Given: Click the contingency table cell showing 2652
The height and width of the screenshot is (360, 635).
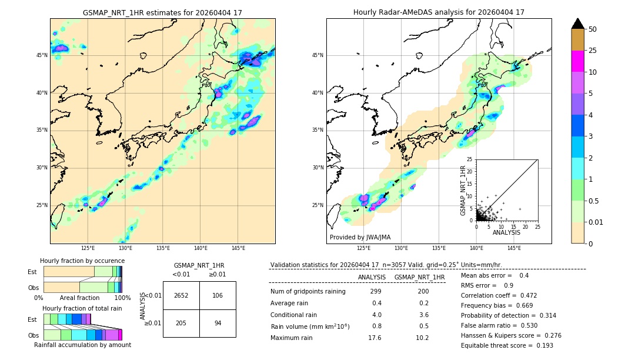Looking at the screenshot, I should pos(181,295).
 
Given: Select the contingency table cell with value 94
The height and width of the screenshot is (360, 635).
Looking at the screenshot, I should pos(218,323).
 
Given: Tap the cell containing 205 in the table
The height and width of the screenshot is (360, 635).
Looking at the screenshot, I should pos(181,323).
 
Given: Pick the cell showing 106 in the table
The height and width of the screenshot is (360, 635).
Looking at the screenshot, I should pos(218,295).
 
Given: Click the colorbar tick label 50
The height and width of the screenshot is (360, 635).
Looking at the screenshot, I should pos(593,29).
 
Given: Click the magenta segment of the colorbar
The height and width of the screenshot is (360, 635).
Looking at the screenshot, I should pos(578,62).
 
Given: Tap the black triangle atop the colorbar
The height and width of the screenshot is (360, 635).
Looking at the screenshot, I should pos(578,24).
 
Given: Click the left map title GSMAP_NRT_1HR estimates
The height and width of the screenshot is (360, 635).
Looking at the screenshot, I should pos(162,12).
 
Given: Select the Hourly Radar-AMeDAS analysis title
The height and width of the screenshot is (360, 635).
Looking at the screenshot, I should pos(439,12).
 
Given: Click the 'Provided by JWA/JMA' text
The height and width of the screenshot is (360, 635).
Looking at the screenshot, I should pos(360,237).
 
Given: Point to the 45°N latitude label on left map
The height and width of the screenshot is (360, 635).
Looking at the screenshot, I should pos(41,55).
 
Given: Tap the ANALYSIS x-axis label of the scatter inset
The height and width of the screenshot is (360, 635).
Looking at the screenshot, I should pos(506,232).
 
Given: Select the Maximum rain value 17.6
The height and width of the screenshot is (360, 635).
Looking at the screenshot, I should pos(375,338).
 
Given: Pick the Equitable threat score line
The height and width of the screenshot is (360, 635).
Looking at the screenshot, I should pos(507,345).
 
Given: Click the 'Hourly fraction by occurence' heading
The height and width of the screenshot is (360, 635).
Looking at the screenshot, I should pos(82,261).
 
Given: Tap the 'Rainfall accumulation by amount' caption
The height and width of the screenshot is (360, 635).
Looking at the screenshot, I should pos(82,345).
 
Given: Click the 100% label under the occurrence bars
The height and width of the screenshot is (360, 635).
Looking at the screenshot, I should pos(122,298).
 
